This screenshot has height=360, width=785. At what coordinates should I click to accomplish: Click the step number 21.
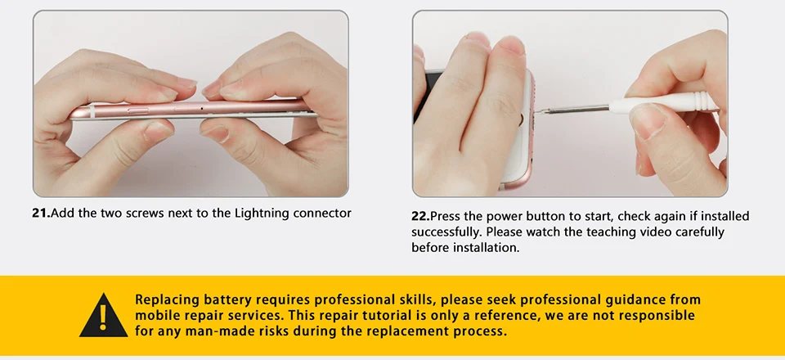pos(41,214)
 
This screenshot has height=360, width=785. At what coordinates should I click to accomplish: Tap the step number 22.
pos(420,216)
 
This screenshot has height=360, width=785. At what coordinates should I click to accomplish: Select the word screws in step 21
pos(145,214)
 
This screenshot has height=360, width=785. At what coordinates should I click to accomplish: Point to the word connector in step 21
pos(322,214)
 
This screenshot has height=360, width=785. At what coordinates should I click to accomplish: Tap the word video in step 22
pos(657,232)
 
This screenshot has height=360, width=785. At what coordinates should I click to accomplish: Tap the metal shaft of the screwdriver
pos(573,109)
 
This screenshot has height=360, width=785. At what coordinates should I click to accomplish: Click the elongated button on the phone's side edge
pos(138,110)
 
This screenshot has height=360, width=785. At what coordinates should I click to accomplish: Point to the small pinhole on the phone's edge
pos(202,108)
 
